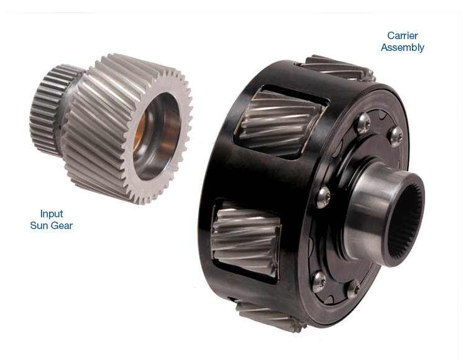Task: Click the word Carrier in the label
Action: tap(403, 35)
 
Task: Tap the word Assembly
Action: tap(403, 48)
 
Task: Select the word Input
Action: tap(52, 214)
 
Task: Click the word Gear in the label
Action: tap(60, 225)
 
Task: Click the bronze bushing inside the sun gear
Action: tap(139, 130)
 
